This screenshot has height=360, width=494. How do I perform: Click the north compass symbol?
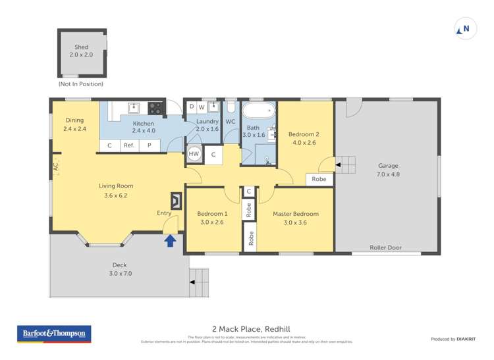click(x=465, y=29)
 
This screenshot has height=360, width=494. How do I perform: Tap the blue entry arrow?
click(x=171, y=240)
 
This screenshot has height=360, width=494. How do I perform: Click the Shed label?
click(x=81, y=47)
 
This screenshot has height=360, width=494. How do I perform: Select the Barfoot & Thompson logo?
click(x=54, y=334)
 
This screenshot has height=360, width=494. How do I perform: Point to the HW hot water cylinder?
click(x=194, y=153)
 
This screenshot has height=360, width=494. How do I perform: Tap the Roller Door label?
click(x=385, y=248)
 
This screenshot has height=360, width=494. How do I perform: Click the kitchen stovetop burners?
click(x=155, y=107)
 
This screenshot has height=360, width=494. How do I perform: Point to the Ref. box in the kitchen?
click(x=129, y=145)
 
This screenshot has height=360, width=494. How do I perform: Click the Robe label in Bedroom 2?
click(x=319, y=179)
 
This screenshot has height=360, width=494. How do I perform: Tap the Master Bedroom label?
click(x=296, y=214)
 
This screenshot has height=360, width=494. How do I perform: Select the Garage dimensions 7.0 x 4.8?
click(x=388, y=174)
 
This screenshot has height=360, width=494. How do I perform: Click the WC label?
click(x=231, y=122)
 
